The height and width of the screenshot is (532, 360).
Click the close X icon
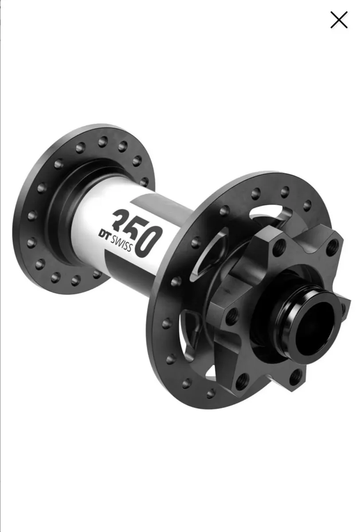tap(339, 20)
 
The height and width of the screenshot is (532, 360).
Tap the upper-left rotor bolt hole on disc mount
tap(279, 247)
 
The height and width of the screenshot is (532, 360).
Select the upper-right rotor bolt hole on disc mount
tap(333, 246)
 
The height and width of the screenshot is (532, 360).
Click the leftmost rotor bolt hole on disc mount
tap(231, 317)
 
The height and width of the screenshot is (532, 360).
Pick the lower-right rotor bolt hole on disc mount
tap(296, 377)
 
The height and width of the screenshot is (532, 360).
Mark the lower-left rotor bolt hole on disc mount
tap(242, 380)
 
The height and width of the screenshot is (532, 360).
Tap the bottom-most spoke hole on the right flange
tap(211, 393)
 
